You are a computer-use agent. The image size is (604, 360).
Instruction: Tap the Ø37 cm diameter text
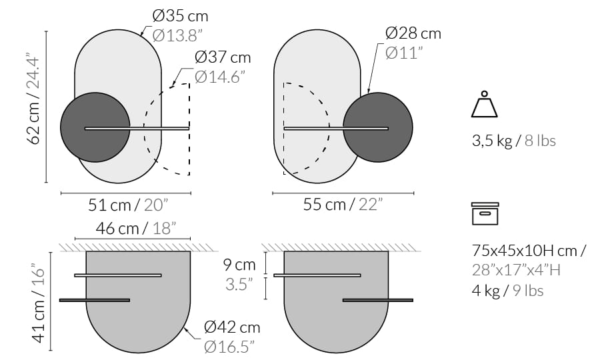pos(223,58)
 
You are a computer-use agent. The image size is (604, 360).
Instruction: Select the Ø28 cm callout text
pos(413,33)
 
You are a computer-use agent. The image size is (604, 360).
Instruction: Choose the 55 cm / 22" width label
pos(343,204)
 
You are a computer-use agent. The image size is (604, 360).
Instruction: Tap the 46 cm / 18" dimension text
pos(135,228)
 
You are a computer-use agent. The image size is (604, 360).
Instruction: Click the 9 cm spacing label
pos(239,265)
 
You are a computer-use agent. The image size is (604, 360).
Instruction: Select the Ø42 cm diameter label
pos(232,327)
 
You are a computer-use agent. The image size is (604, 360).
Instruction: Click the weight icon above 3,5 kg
pos(484,105)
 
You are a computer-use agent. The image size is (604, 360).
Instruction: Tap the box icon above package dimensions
pos(485,213)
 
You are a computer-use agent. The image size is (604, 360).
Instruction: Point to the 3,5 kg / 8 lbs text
pos(513,141)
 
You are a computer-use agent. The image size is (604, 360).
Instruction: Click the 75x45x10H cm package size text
pos(529,251)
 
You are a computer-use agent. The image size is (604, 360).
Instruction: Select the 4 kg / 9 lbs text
pos(507,290)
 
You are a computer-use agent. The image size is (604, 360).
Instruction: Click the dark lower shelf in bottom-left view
pos(94,300)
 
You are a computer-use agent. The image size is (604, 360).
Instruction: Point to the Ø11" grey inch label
pos(404,53)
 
